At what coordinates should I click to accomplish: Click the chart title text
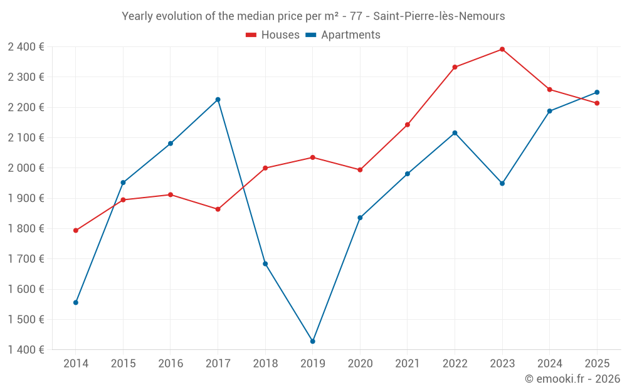coord(313,16)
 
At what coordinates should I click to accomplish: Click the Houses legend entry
coord(273,35)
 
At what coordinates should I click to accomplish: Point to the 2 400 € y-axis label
coord(26,47)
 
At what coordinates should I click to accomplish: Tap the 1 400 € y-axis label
coord(26,350)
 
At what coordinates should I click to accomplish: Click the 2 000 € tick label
coord(26,168)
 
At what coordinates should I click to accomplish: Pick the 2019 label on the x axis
coord(312,364)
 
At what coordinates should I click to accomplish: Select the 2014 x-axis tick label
coord(76,364)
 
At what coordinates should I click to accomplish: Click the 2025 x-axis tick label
coord(597,364)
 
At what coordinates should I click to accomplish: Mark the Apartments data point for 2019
coord(313,341)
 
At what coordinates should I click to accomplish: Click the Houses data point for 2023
coord(502,49)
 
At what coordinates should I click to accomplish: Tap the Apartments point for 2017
coord(218,100)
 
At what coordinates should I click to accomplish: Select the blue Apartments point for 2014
coord(76,302)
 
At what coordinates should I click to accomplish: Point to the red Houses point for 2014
coord(76,230)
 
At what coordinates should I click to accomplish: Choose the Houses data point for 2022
coord(455,67)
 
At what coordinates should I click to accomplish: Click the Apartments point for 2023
coord(502,183)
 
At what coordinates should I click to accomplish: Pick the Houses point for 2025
coord(597,103)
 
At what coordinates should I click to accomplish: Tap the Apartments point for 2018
coord(265,264)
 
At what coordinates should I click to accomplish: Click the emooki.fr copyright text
coord(572,379)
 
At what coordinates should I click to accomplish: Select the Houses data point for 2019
coord(313,157)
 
